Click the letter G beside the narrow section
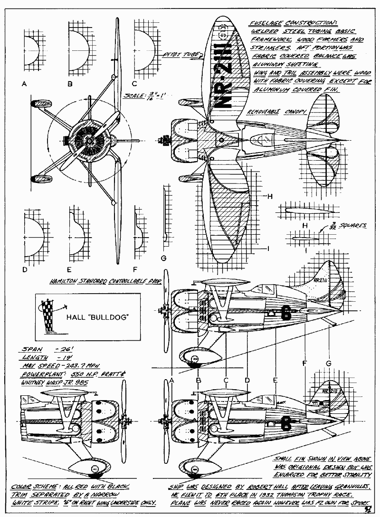click(164, 258)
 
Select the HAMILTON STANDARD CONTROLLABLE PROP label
click(105, 282)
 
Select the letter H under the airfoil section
click(305, 225)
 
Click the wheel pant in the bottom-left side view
click(95, 468)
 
